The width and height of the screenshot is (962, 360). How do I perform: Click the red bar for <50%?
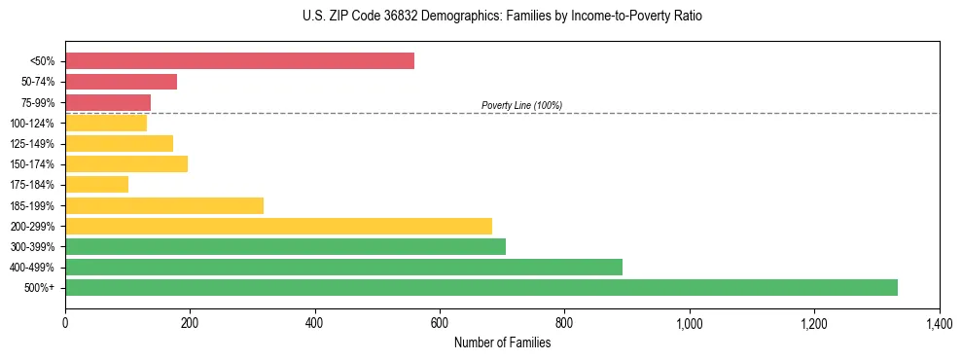(239, 61)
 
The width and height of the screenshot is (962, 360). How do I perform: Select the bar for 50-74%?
(121, 82)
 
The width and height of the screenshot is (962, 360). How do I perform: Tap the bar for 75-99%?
(108, 102)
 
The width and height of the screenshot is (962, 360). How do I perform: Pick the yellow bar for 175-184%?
(96, 184)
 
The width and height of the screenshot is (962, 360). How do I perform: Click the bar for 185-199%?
(164, 205)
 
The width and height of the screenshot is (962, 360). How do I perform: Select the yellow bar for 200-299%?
(278, 226)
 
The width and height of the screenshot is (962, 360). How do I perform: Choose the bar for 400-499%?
(343, 267)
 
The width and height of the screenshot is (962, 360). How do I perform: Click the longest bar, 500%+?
(481, 287)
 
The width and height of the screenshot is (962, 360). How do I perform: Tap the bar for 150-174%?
(126, 163)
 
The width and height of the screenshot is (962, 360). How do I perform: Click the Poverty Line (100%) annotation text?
(521, 105)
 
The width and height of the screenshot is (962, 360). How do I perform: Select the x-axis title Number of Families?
(502, 342)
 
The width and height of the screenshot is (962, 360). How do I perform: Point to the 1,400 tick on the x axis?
(939, 322)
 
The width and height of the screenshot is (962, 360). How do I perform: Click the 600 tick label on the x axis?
(440, 322)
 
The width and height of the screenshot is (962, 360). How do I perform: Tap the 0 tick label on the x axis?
(65, 322)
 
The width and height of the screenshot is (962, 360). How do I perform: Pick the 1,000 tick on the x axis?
(690, 322)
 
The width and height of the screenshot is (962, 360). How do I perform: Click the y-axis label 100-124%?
(32, 124)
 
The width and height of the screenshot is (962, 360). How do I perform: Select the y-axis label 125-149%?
(32, 144)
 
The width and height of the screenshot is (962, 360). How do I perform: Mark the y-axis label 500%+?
(41, 288)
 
